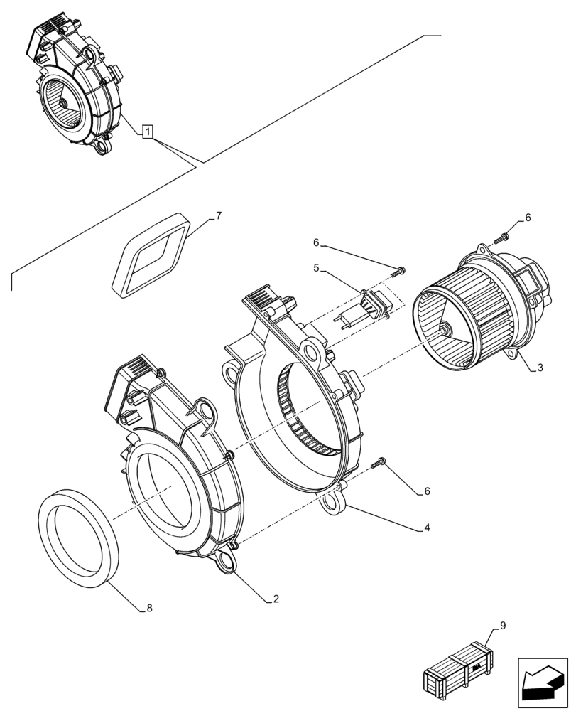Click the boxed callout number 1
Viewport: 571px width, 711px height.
pyautogui.click(x=146, y=132)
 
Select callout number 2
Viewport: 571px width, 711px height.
pyautogui.click(x=276, y=599)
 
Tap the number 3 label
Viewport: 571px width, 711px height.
pyautogui.click(x=540, y=368)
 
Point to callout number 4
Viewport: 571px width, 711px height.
pyautogui.click(x=428, y=528)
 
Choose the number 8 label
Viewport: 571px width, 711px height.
pyautogui.click(x=148, y=609)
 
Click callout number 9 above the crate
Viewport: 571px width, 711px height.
pyautogui.click(x=503, y=626)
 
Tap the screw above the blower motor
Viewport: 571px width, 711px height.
pyautogui.click(x=506, y=237)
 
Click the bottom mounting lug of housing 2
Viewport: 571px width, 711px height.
pyautogui.click(x=227, y=560)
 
